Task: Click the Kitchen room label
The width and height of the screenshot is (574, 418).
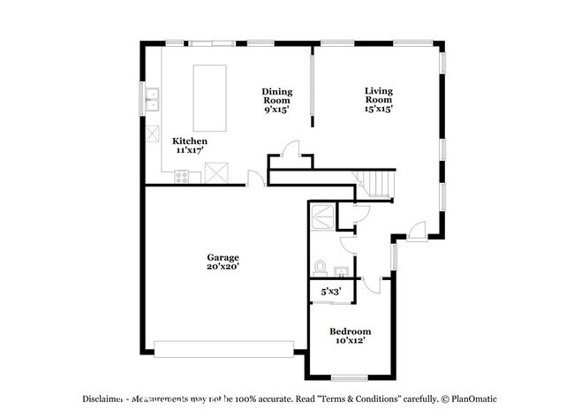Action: coord(190,146)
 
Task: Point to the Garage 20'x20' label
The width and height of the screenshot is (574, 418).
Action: coord(223,262)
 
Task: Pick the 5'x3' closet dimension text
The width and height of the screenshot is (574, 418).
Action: coord(331,291)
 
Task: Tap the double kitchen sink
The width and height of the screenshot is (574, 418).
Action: coord(152,99)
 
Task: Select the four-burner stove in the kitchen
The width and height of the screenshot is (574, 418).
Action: coord(182,176)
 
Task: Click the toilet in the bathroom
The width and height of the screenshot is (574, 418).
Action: coord(321,266)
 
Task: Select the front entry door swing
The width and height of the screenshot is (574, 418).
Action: coord(419,228)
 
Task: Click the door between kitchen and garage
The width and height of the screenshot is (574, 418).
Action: coord(255,179)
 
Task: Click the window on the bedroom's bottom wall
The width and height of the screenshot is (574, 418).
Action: coord(349,379)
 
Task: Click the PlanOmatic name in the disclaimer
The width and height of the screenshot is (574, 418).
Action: coord(465,399)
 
